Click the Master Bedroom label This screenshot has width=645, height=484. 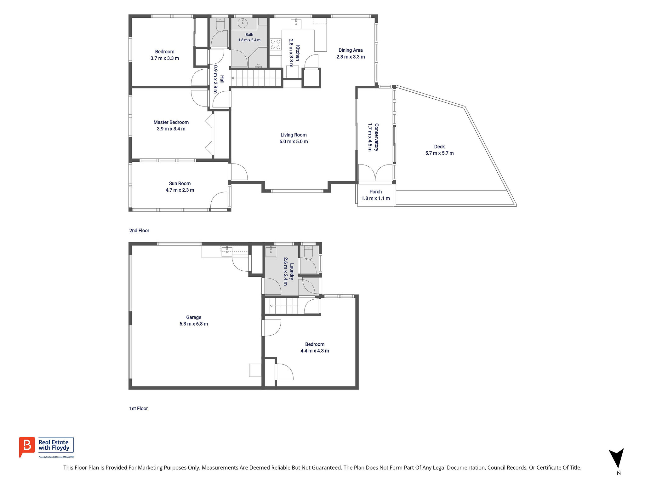pyautogui.click(x=171, y=122)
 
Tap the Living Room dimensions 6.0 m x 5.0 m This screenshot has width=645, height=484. pyautogui.click(x=294, y=141)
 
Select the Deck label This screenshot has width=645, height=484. pyautogui.click(x=439, y=147)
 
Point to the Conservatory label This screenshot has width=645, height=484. pyautogui.click(x=376, y=137)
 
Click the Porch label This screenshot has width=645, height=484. pyautogui.click(x=376, y=192)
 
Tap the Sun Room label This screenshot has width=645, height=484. pyautogui.click(x=180, y=183)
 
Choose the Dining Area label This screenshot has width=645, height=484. pyautogui.click(x=351, y=50)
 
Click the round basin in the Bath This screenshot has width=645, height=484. pyautogui.click(x=243, y=23)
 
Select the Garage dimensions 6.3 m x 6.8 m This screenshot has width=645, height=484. pyautogui.click(x=194, y=324)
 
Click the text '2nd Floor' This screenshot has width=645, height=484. pyautogui.click(x=139, y=231)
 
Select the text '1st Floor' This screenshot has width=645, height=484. pyautogui.click(x=139, y=408)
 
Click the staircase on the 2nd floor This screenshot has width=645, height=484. pyautogui.click(x=256, y=78)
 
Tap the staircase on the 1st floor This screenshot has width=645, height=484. pyautogui.click(x=281, y=306)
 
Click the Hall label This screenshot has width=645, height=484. pyautogui.click(x=222, y=79)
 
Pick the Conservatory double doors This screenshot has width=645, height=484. pyautogui.click(x=375, y=173)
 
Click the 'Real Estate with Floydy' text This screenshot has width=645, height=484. pyautogui.click(x=54, y=445)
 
